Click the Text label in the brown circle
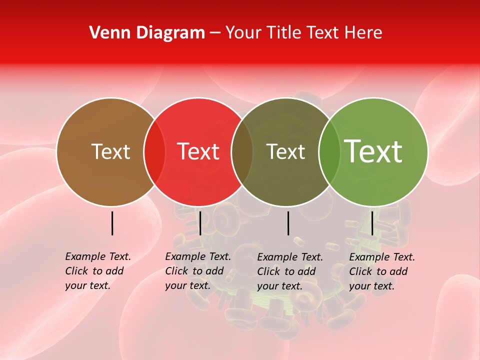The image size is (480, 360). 110,152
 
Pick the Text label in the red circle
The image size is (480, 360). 198,152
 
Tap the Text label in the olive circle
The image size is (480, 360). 285,152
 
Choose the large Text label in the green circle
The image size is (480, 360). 373,151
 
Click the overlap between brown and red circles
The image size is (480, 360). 154,152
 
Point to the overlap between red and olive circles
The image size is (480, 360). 242,152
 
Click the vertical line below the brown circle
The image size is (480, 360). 112,223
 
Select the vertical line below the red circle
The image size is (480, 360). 200,223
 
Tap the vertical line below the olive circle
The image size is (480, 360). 288,223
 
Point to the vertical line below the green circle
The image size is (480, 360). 372,223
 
